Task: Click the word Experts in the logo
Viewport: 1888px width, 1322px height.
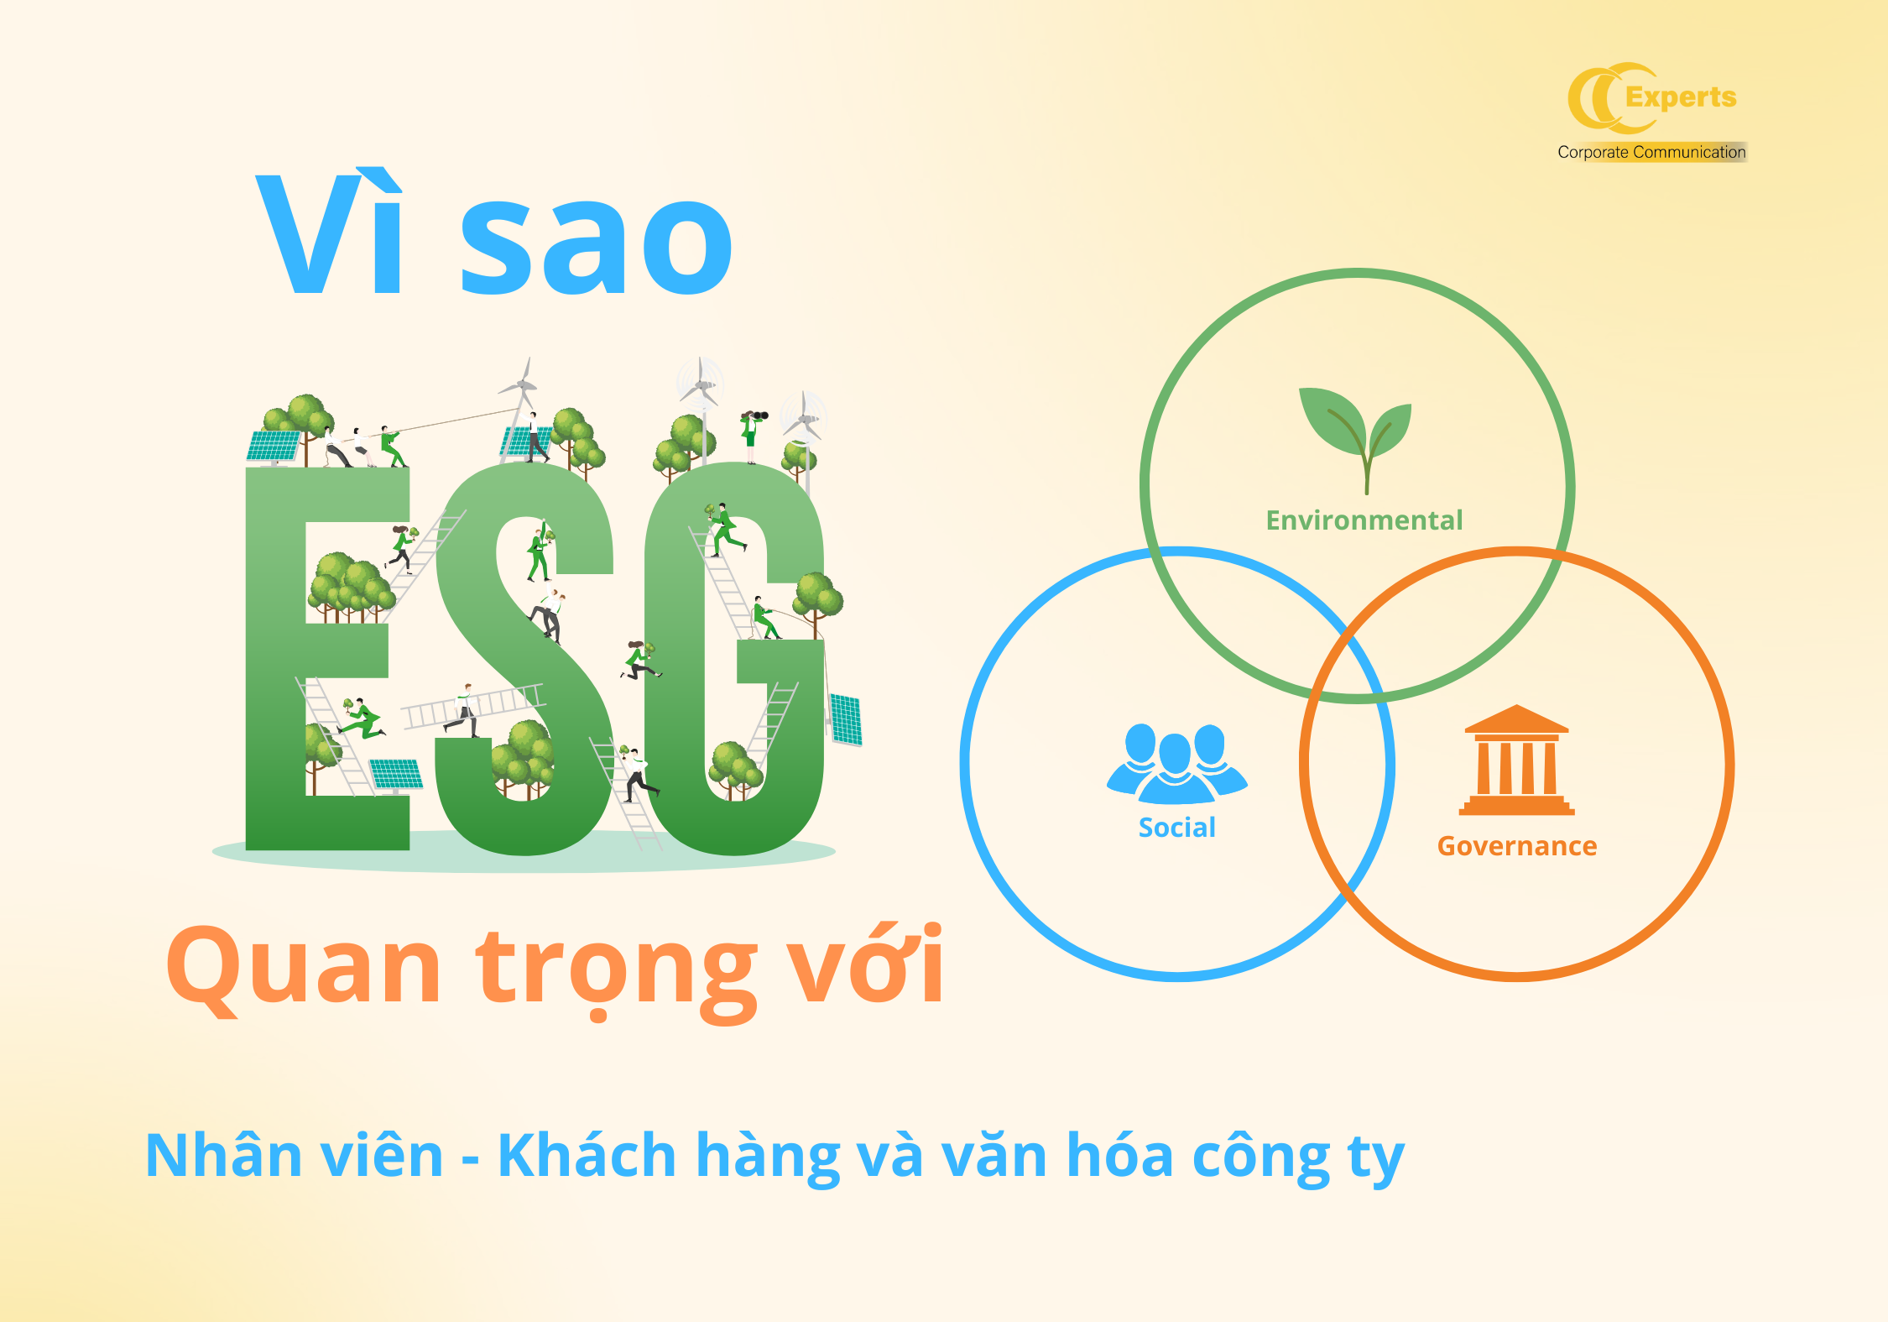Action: pyautogui.click(x=1681, y=98)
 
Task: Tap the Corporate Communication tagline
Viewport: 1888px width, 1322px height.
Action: pyautogui.click(x=1651, y=152)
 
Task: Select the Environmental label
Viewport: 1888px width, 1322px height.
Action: pyautogui.click(x=1364, y=520)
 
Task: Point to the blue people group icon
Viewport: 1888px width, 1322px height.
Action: pyautogui.click(x=1177, y=763)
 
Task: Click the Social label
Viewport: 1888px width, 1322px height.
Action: pyautogui.click(x=1176, y=828)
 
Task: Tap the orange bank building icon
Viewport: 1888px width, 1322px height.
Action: pyautogui.click(x=1516, y=760)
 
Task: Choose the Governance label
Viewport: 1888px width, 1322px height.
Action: pyautogui.click(x=1517, y=846)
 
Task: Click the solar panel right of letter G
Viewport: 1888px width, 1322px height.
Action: pyautogui.click(x=845, y=719)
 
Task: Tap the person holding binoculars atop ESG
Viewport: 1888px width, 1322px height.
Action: pyautogui.click(x=752, y=435)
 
